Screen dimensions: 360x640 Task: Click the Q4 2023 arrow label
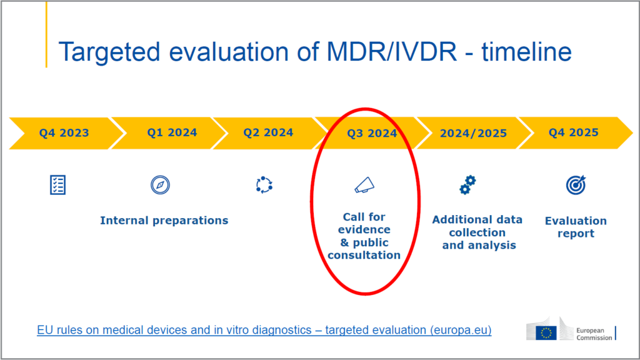click(x=64, y=132)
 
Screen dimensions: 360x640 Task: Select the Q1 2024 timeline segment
click(x=172, y=132)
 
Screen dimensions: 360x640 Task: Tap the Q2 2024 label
click(x=268, y=132)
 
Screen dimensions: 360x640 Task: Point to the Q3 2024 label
click(x=372, y=133)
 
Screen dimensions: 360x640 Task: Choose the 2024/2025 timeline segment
click(x=473, y=133)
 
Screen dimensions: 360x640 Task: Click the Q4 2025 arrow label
click(x=573, y=132)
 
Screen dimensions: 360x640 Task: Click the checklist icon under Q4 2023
click(x=57, y=184)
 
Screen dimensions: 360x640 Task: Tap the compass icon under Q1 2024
click(x=161, y=185)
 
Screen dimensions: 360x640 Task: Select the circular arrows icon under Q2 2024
click(x=264, y=185)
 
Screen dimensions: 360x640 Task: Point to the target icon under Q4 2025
click(x=575, y=184)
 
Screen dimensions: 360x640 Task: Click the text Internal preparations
click(x=164, y=220)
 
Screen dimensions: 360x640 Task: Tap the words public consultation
click(x=364, y=249)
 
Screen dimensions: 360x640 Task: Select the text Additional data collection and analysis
click(x=477, y=232)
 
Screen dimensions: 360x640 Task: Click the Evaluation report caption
click(x=576, y=227)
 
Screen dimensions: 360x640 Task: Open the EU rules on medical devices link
click(x=264, y=329)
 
